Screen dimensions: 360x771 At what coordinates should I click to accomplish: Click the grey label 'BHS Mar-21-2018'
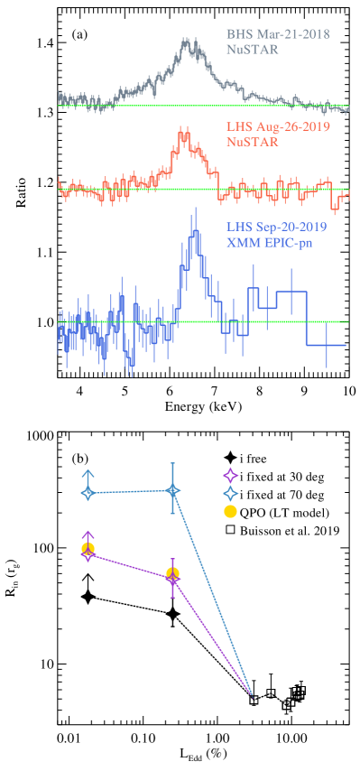point(277,34)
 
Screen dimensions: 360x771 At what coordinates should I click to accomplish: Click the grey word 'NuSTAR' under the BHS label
point(252,50)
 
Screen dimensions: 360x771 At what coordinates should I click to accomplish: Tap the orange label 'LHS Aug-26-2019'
point(277,126)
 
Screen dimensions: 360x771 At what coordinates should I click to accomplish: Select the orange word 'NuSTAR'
point(252,142)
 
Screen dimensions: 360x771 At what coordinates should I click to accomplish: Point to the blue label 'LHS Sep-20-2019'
point(274,228)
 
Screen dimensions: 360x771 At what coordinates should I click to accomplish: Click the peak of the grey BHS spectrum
point(187,42)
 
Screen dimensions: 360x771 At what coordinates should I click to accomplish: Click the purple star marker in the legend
point(230,475)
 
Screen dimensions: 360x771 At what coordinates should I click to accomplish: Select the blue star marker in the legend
point(230,493)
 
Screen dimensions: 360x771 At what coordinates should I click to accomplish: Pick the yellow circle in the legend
point(230,511)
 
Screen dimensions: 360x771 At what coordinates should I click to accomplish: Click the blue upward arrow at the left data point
point(88,474)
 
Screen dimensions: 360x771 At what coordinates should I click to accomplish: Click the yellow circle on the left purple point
point(88,548)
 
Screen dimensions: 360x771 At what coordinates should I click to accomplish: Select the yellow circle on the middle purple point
point(172,572)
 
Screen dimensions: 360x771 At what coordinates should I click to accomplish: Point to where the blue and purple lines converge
point(252,696)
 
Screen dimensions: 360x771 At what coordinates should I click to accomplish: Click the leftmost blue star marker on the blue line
point(88,493)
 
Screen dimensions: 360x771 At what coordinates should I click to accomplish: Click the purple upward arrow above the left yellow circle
point(88,535)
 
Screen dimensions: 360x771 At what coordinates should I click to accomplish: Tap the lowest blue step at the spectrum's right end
point(326,345)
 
